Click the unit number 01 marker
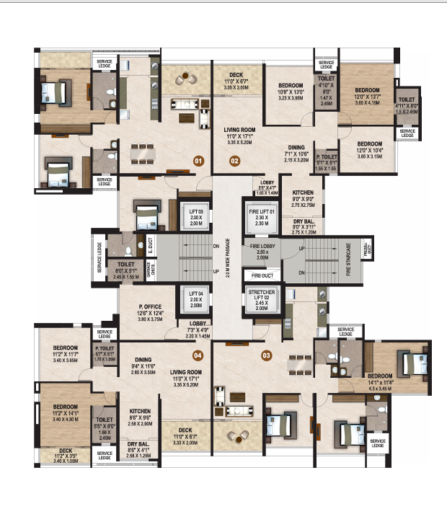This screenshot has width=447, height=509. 197,161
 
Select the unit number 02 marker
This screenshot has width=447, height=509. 234,161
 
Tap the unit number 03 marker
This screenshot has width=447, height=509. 266,354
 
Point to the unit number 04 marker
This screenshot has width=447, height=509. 198,354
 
